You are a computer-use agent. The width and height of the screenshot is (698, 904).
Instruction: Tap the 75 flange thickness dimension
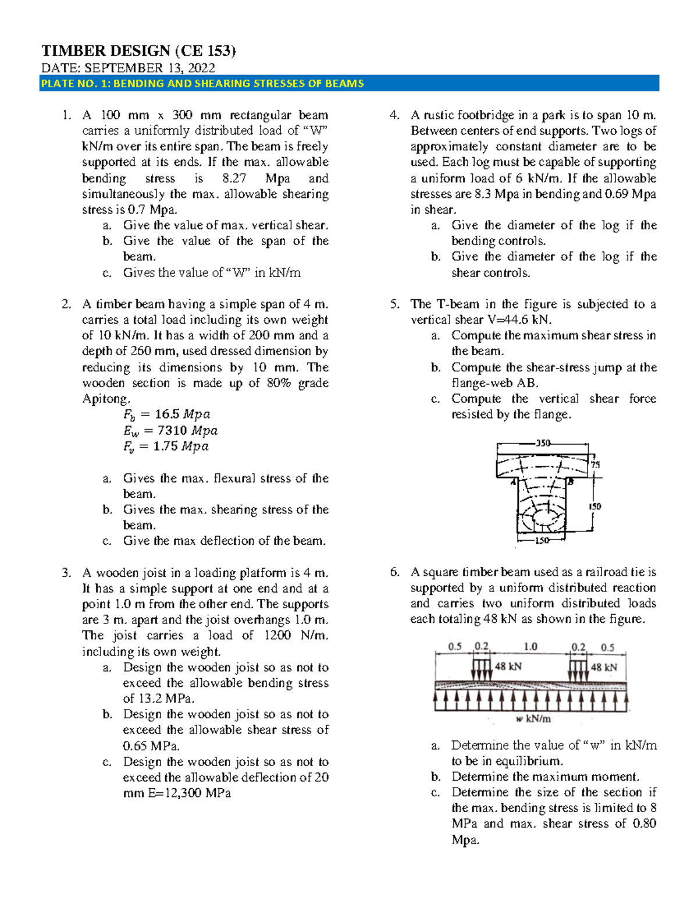(x=595, y=465)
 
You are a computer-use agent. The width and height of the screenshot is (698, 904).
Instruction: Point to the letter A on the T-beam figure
(x=513, y=482)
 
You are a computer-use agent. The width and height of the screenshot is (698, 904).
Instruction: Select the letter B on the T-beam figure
(x=571, y=482)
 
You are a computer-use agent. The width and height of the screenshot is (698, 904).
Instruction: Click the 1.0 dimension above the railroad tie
(x=530, y=647)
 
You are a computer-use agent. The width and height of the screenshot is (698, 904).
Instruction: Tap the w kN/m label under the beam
(x=533, y=719)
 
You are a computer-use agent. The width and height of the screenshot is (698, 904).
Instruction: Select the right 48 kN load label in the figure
(x=604, y=667)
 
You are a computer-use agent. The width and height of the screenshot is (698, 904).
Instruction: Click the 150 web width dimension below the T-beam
(x=542, y=541)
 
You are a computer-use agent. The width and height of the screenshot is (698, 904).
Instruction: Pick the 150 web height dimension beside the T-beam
(x=594, y=506)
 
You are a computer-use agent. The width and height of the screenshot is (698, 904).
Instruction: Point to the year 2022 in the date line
(x=198, y=68)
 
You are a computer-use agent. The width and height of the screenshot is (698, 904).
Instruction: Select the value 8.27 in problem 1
(x=234, y=178)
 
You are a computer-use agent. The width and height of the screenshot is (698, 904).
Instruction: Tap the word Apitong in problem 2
(x=105, y=399)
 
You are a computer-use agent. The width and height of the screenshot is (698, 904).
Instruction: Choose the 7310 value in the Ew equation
(x=173, y=431)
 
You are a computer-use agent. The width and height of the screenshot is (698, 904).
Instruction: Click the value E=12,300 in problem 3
(x=169, y=793)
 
